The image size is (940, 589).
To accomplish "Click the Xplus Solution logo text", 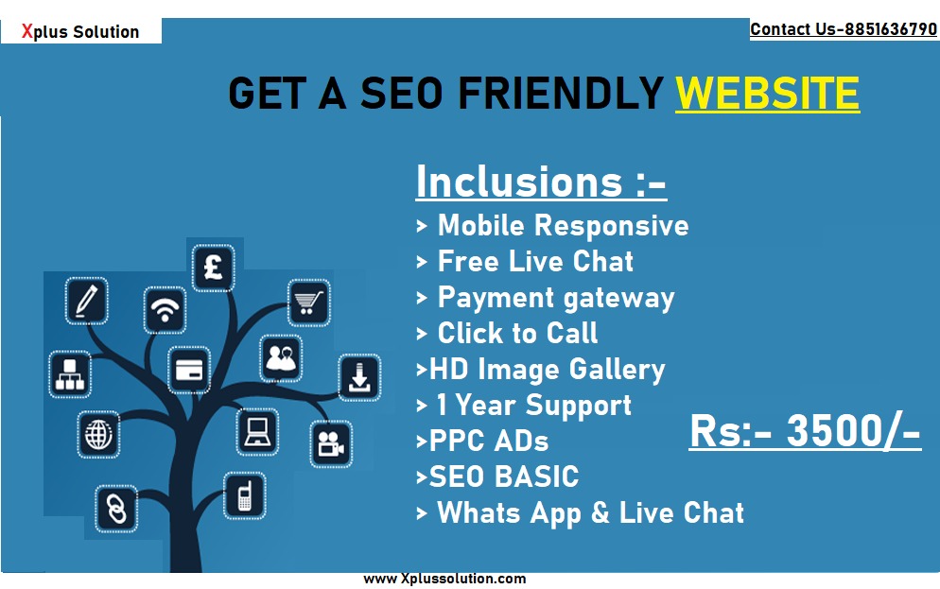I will tap(80, 31).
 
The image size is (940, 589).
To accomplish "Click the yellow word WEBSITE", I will tap(767, 93).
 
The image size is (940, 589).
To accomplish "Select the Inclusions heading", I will tap(541, 182).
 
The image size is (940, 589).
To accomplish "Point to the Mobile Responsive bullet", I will tap(552, 226).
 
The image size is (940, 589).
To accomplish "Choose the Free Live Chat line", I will tap(525, 262).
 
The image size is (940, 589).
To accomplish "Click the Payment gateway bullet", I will tap(546, 298).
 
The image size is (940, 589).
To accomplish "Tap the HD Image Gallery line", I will tap(541, 370).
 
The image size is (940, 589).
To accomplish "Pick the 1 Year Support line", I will tap(524, 406).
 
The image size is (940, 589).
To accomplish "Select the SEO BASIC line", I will tap(497, 476).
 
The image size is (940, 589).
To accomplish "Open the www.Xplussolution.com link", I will tap(444, 579).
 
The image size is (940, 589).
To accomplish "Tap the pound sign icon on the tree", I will tap(213, 268).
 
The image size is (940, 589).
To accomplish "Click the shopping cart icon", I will tap(307, 303).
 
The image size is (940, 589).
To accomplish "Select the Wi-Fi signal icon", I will tap(165, 310).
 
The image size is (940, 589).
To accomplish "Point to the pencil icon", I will tap(87, 301).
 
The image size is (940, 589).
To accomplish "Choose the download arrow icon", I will tap(359, 377).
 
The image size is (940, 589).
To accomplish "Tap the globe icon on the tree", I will tap(98, 434).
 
